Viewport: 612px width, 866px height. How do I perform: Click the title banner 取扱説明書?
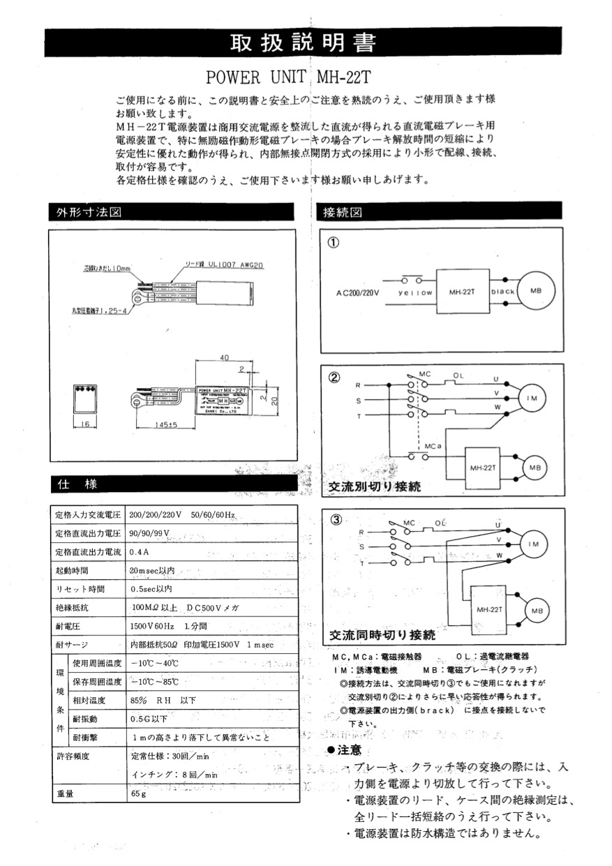point(303,43)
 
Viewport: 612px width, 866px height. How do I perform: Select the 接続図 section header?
point(340,212)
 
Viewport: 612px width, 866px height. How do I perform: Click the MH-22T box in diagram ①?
point(463,291)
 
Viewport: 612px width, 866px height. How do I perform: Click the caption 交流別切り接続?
point(375,487)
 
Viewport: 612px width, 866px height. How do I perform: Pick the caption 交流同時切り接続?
point(382,636)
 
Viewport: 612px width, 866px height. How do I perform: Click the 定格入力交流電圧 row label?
point(89,515)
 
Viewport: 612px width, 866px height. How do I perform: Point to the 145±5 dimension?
point(162,424)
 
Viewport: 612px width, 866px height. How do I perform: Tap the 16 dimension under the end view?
point(84,424)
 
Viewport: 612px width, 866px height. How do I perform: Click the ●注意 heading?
point(345,750)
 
